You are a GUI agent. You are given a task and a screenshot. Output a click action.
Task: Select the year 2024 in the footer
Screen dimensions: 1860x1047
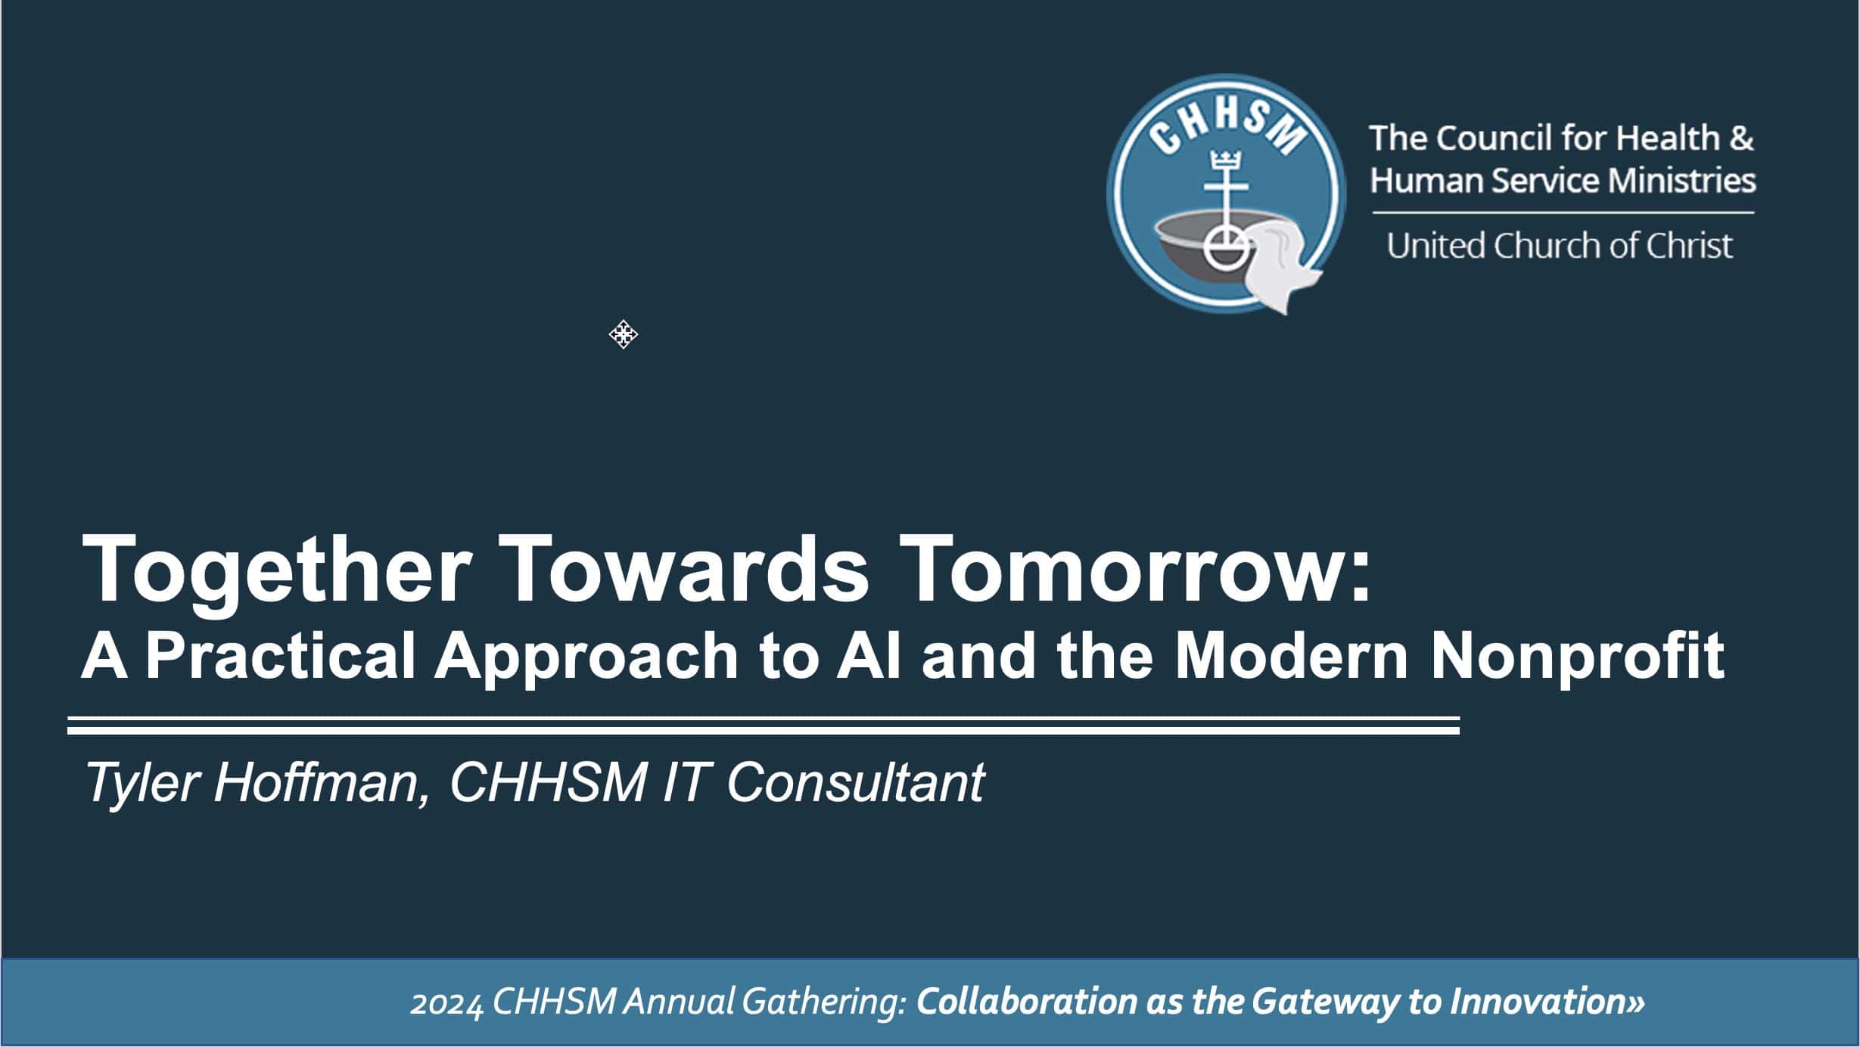(446, 1003)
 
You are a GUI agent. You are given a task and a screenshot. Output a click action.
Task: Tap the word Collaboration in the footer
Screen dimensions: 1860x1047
(1026, 1002)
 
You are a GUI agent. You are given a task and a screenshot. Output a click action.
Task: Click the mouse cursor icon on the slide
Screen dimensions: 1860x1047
(623, 334)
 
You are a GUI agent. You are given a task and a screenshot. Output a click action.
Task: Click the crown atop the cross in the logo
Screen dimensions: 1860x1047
(1223, 161)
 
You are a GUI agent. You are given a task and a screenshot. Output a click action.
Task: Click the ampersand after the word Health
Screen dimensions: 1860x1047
(1742, 138)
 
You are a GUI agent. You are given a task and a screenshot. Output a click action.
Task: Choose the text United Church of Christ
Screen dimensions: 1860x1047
(1559, 246)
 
